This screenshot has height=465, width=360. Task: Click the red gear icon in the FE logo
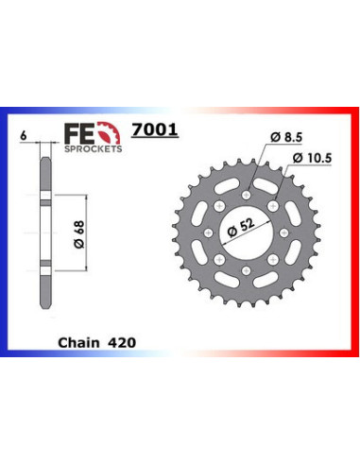(x=111, y=132)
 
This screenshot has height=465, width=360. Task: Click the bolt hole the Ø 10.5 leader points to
(x=272, y=208)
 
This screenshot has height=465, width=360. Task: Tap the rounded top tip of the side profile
(x=45, y=157)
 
